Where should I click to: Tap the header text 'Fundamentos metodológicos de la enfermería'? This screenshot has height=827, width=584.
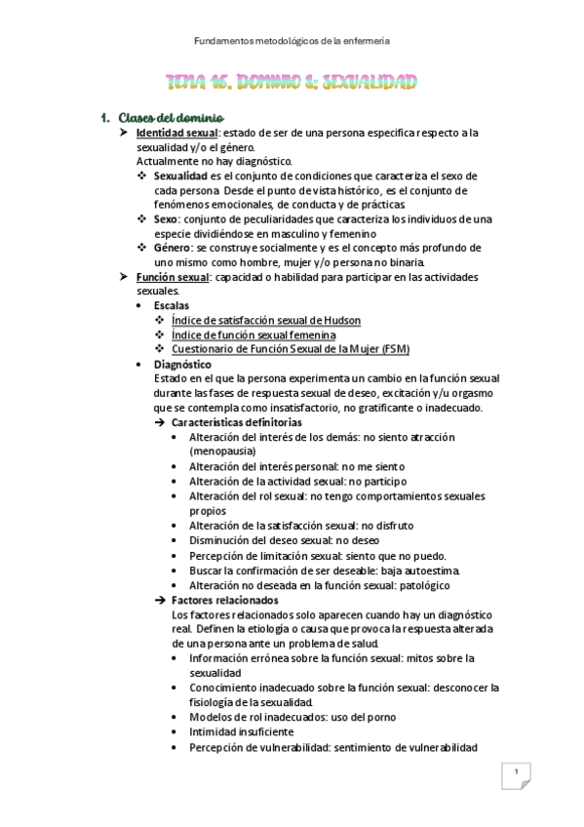(292, 41)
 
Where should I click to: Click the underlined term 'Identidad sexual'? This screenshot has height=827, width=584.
(176, 133)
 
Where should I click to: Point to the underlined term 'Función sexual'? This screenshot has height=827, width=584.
(172, 278)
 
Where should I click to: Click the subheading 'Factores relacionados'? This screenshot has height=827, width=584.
(224, 601)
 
